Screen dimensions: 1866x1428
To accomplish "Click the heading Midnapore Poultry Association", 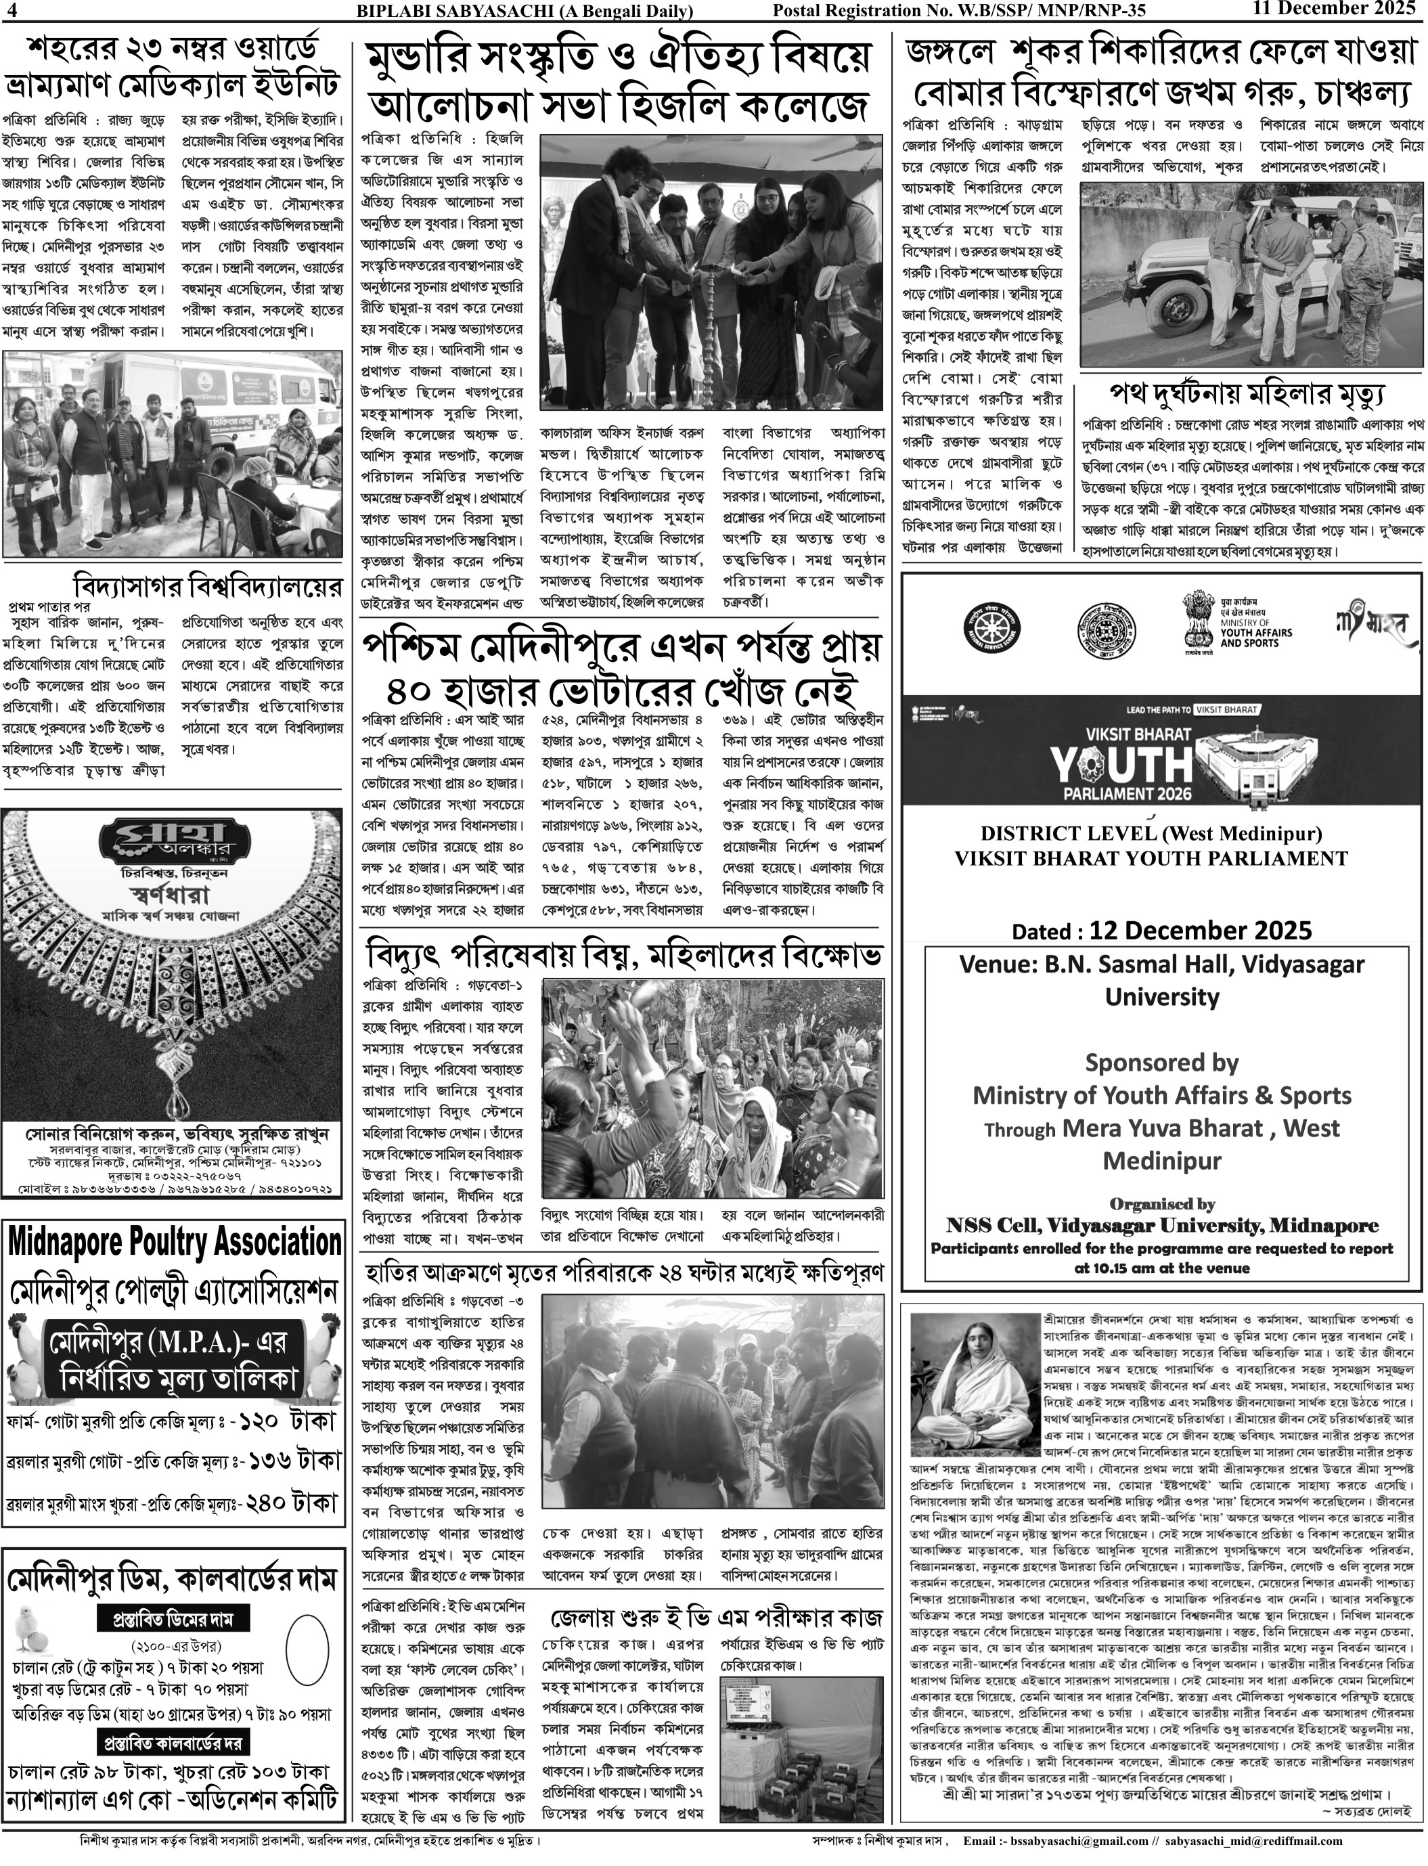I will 174,1242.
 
